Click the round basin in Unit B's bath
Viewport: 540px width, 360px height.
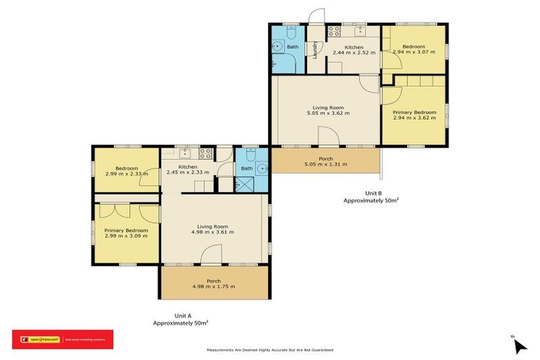point(278,48)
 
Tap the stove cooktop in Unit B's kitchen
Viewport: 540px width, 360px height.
point(333,31)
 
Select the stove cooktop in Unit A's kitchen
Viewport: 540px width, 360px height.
point(206,152)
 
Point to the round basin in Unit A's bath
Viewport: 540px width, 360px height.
point(261,168)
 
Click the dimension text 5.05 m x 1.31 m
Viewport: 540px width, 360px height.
point(326,165)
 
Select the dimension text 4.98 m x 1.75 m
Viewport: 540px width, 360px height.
point(214,286)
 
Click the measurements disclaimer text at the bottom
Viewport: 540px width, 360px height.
point(269,349)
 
